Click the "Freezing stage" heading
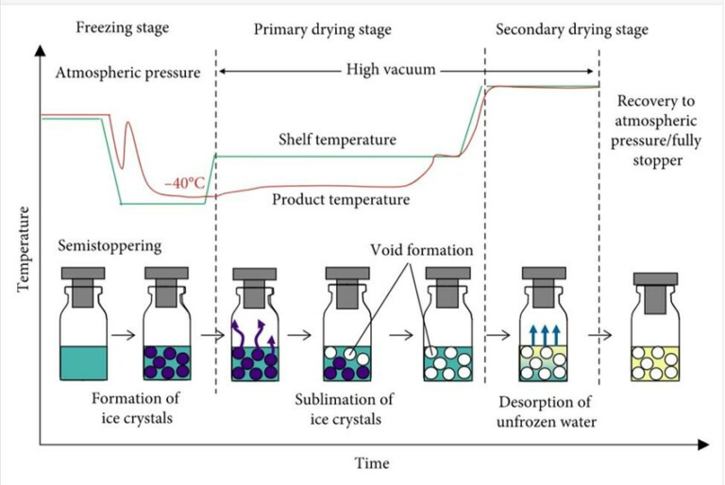pos(123,28)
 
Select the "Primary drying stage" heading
pos(323,30)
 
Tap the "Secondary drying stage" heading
pos(572,30)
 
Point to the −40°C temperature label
pos(184,183)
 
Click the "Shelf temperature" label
pos(338,140)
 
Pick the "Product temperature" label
pos(341,200)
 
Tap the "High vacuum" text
pos(391,70)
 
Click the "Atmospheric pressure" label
pos(128,73)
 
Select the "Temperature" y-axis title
pos(23,249)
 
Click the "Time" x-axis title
pos(372,463)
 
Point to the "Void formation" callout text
pos(422,250)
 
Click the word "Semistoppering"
pos(110,246)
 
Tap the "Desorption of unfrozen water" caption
pos(546,412)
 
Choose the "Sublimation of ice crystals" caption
pos(345,410)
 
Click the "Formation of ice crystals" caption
pos(136,409)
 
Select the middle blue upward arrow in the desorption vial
pos(544,335)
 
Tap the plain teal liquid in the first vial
pos(84,363)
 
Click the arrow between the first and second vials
pos(124,335)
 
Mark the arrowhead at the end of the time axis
pos(703,444)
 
